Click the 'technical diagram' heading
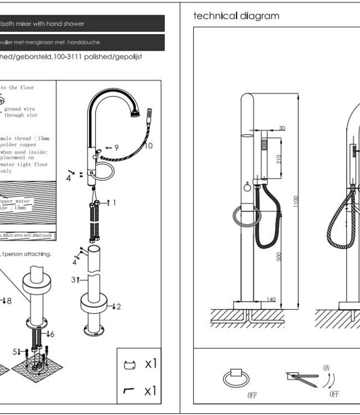coord(236,16)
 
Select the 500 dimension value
coord(280,258)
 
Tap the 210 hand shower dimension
coord(280,158)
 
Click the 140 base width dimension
coord(271,299)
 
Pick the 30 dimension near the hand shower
coord(282,128)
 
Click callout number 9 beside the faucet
coord(116,148)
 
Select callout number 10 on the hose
coord(148,146)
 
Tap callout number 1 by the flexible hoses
coord(114,203)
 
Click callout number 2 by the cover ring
coord(117,306)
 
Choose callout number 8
coord(7,300)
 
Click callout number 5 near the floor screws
coord(16,351)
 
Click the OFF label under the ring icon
coord(236,395)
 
